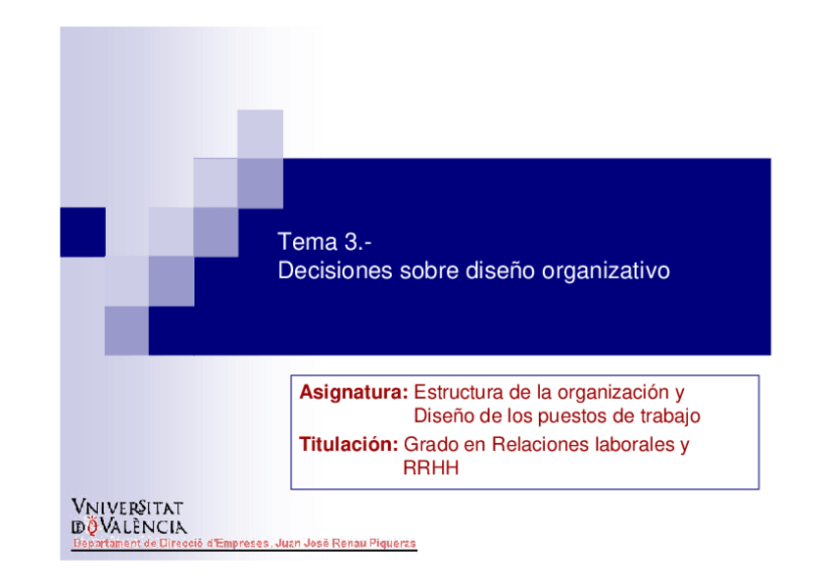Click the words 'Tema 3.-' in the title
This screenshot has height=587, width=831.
click(324, 242)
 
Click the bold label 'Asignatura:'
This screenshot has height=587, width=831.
click(354, 393)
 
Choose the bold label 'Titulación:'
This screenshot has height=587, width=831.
click(348, 445)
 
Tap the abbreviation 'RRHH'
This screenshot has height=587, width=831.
click(430, 468)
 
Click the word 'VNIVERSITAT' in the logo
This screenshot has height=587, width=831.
click(127, 507)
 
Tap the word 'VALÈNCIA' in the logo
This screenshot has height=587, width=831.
click(143, 526)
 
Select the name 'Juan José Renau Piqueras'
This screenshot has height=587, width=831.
click(346, 543)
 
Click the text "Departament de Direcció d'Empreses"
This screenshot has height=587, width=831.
click(171, 543)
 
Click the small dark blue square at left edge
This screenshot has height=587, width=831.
click(82, 232)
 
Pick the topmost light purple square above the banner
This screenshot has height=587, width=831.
click(260, 134)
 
